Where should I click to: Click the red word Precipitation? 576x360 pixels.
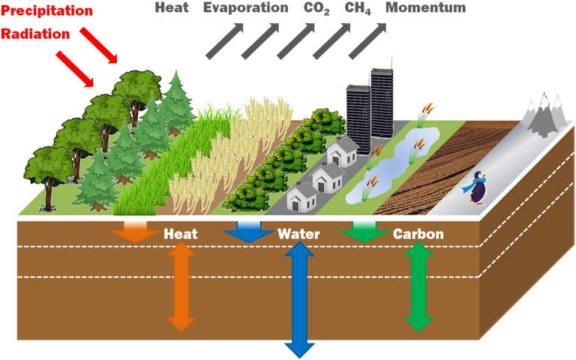coord(46,11)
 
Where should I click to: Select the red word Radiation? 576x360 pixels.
coord(35,34)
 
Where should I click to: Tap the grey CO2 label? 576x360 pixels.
coord(316,8)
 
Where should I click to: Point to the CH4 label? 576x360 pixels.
coord(358,8)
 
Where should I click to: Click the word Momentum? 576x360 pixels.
coord(426,7)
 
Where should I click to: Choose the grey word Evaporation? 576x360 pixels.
coord(246,8)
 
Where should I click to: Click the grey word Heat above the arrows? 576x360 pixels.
coord(172,7)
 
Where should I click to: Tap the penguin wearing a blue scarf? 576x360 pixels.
coord(475,187)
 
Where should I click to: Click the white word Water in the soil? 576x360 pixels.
coord(298,234)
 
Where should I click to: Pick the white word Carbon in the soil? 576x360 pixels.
coord(418,234)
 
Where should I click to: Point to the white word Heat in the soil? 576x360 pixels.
coord(181,234)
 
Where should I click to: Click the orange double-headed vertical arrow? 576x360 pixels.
coord(181,287)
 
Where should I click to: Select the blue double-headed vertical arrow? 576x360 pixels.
coord(300,300)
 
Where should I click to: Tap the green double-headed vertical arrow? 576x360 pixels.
coord(418,287)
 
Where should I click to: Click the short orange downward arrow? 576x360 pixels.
coord(136,232)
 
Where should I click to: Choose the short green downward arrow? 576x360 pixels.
coord(364,232)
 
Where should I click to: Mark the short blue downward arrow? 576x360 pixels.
coord(249,232)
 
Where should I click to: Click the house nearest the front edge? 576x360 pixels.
coord(302,198)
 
